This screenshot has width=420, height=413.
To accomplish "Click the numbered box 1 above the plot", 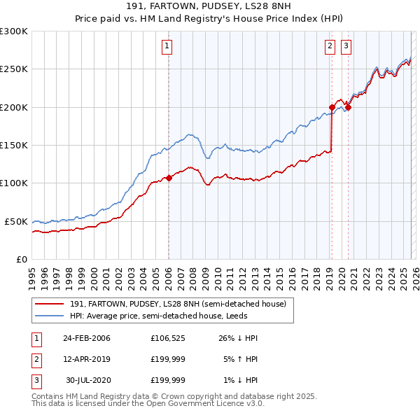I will [168, 47].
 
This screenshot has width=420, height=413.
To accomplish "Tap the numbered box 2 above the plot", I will [330, 47].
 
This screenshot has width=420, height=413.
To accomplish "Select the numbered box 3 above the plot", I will [346, 47].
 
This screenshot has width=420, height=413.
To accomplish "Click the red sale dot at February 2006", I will [169, 178].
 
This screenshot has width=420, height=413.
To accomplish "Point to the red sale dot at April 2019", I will [331, 107].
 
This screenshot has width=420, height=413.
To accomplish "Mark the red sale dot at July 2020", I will [348, 107].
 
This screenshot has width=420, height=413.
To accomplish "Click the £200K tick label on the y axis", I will [14, 107].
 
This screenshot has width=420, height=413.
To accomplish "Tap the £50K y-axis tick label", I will [16, 221].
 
